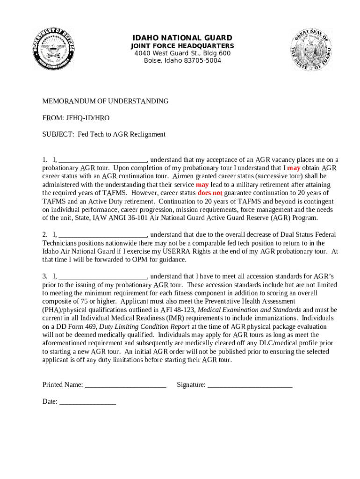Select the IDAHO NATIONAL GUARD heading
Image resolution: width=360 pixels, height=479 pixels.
point(182,38)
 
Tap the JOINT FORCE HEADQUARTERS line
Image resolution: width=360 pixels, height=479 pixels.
point(182,46)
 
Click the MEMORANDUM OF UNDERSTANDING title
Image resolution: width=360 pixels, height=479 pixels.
point(106,101)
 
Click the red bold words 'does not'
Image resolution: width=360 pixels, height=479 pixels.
point(210,193)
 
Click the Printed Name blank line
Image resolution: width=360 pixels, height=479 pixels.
point(126,385)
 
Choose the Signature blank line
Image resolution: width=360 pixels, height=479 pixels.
point(250,385)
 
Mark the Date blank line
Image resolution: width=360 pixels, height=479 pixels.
point(88,401)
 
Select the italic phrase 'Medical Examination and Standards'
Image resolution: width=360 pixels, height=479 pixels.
point(249,310)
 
